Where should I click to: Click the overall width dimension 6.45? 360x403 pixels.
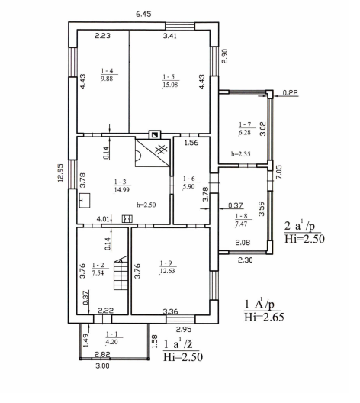pos(143,14)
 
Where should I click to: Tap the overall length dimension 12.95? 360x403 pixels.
pos(61,172)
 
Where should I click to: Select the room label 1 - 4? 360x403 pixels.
pos(107,71)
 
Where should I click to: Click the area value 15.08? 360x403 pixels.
pos(170,85)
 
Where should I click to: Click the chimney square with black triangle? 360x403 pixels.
pos(155,134)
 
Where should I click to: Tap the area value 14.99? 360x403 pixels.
pos(122,190)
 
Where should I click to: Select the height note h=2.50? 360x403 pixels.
pos(146,205)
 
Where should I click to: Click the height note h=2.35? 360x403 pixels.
pos(240,154)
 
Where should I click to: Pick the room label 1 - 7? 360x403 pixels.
pos(245,124)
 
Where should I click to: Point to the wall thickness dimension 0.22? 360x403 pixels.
pos(290,92)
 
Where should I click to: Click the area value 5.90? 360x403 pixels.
pos(188,186)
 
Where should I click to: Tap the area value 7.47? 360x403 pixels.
pos(241,224)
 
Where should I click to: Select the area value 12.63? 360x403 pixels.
pos(167,271)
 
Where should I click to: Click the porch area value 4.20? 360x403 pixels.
pos(111,342)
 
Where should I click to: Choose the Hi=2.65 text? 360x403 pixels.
pos(264,317)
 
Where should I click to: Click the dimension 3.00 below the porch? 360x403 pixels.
pos(102,366)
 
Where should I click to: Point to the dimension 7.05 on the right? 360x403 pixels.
pos(279,172)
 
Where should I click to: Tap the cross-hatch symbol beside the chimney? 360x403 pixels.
pos(162,149)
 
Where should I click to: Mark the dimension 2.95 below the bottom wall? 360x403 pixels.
pos(184,329)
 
